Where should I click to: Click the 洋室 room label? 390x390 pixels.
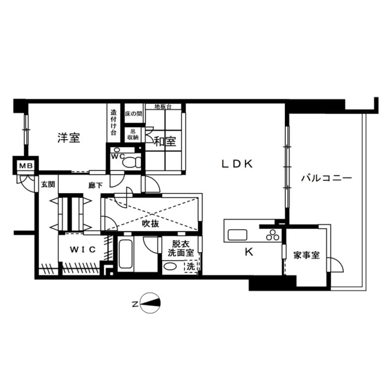(69, 138)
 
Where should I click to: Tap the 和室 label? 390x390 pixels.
(165, 142)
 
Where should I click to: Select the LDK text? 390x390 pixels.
(237, 164)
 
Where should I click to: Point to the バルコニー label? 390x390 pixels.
(327, 178)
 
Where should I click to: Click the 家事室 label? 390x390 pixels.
(306, 255)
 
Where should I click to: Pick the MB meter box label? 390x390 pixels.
(26, 166)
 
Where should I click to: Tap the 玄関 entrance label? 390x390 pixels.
(48, 184)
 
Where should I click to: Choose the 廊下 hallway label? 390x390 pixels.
(96, 185)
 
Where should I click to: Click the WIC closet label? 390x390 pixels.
(83, 249)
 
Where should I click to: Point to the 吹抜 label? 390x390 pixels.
(151, 224)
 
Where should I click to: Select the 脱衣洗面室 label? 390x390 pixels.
(181, 248)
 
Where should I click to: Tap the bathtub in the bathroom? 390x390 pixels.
(125, 254)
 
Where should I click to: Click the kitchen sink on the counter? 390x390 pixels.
(237, 235)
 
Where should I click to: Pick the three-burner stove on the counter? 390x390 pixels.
(273, 235)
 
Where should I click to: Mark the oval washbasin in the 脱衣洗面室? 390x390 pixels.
(170, 267)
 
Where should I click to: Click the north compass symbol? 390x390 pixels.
(150, 303)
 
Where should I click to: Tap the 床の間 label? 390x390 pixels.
(134, 113)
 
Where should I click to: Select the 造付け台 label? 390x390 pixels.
(113, 122)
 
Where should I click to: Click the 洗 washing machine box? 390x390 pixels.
(191, 267)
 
